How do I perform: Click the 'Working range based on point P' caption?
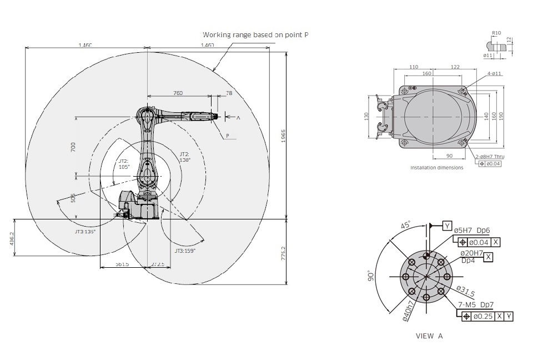[x=255, y=34]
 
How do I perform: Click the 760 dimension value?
[x=178, y=93]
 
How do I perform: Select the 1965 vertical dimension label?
[x=283, y=136]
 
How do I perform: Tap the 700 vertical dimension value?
[x=73, y=147]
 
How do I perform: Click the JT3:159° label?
[x=185, y=251]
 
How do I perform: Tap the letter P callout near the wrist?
[x=228, y=136]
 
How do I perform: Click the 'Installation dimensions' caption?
[x=436, y=168]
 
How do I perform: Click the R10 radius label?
[x=496, y=33]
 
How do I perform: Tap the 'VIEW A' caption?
[x=429, y=336]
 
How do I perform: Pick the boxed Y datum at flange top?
[x=447, y=225]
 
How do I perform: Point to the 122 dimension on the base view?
[x=455, y=67]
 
